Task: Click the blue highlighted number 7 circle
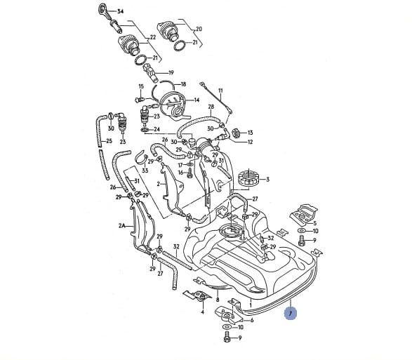(291, 313)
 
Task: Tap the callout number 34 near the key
(120, 11)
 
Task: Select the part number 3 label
(267, 180)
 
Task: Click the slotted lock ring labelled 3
(248, 179)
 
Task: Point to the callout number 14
(197, 100)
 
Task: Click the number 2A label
(121, 225)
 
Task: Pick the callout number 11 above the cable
(220, 91)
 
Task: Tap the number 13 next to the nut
(250, 133)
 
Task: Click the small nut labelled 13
(236, 133)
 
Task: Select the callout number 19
(171, 73)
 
